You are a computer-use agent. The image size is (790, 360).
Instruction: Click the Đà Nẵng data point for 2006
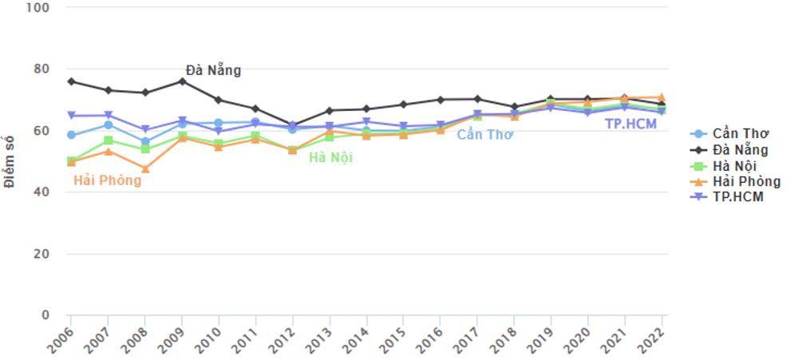71,81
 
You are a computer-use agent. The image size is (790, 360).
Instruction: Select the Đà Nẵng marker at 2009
183,81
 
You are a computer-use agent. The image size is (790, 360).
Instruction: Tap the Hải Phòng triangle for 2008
145,169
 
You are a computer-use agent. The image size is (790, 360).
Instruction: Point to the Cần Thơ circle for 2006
71,136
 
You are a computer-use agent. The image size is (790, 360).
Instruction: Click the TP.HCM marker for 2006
71,116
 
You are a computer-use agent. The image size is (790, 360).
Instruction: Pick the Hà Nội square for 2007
109,140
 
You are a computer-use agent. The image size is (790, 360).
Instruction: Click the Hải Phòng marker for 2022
662,97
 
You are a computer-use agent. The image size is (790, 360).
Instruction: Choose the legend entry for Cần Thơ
734,133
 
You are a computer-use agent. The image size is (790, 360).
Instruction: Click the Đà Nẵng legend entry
734,149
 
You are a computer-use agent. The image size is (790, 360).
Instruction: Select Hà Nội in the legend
730,165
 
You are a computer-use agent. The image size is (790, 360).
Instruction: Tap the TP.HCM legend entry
730,196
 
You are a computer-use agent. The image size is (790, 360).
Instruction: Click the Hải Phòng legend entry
738,181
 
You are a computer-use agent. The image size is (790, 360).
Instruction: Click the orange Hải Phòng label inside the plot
107,180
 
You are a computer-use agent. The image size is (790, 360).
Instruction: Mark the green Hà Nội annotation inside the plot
330,157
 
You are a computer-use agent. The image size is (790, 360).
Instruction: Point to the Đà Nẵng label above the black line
213,70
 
